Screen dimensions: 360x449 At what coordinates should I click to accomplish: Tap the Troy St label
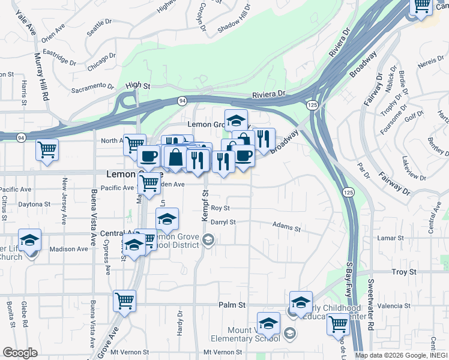pyautogui.click(x=404, y=272)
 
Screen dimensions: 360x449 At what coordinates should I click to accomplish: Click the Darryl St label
pyautogui.click(x=223, y=222)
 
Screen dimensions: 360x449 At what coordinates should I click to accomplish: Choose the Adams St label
pyautogui.click(x=286, y=228)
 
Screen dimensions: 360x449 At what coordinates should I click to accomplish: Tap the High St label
pyautogui.click(x=137, y=86)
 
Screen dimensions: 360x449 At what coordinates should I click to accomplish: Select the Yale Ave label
pyautogui.click(x=17, y=22)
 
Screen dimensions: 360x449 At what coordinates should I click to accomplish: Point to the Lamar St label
pyautogui.click(x=391, y=238)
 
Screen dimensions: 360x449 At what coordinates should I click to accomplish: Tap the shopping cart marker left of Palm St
pyautogui.click(x=124, y=300)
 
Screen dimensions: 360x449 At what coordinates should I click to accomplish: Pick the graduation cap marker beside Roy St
pyautogui.click(x=167, y=218)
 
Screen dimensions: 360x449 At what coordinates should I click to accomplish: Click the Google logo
pyautogui.click(x=20, y=353)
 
